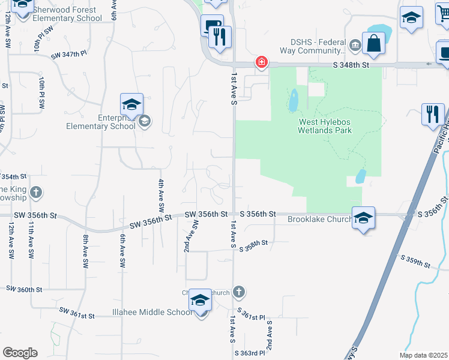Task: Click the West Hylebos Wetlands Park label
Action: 325,125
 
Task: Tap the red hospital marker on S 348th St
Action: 261,62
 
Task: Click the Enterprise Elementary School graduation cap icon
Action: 131,105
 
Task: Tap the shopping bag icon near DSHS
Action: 373,44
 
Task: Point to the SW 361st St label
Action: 77,314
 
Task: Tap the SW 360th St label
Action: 24,289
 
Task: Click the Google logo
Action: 20,352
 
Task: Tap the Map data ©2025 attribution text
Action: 424,355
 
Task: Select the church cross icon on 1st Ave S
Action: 238,292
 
